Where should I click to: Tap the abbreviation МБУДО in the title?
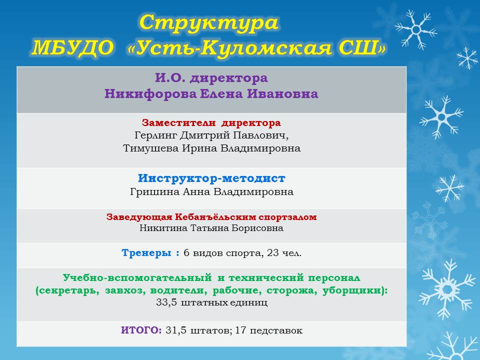tap(72, 48)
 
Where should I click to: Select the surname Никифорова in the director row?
tap(150, 93)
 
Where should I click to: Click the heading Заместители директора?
tap(211, 123)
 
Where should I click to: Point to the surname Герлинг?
tap(155, 135)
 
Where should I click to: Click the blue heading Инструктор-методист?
tap(211, 178)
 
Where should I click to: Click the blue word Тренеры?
tap(146, 253)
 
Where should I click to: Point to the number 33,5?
tap(166, 302)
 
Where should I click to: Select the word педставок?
tap(276, 331)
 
